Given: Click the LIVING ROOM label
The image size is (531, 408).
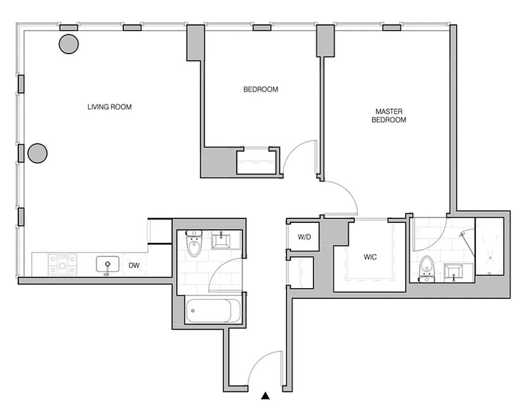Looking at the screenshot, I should pos(110,107).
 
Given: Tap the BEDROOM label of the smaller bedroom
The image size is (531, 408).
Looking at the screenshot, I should pos(260,90).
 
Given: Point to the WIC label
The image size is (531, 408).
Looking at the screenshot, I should pos(370,257).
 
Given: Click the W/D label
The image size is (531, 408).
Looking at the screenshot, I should pos(304,237).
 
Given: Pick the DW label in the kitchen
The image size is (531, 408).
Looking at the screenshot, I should pos(135,265).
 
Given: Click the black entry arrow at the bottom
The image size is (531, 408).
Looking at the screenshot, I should pos(265,395).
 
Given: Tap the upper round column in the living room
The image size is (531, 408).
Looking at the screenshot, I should pos(69,44).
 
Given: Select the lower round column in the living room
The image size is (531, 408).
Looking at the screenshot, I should pos(37,153).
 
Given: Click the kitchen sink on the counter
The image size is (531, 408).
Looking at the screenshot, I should pos(108,265).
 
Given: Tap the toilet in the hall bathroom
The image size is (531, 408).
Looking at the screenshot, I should pos(194,244).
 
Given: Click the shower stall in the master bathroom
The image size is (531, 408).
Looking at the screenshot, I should pos(489,247).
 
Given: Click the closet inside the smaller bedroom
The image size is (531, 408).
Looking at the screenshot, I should pos(256,162).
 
